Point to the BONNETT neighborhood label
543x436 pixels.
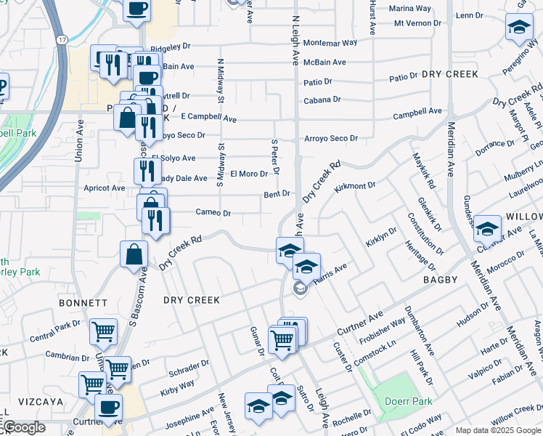pos(84,302)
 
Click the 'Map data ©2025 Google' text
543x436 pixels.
pos(497,430)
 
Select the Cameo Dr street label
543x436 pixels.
pos(213,213)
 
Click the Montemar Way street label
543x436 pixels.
pos(330,43)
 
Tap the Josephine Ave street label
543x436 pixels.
pos(189,419)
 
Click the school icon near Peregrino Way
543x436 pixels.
pos(518,28)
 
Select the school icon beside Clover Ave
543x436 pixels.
pos(488,228)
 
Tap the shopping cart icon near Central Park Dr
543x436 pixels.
pos(103,331)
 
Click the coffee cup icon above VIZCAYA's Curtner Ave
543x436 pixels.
pos(109,407)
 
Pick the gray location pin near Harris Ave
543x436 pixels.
pos(299,289)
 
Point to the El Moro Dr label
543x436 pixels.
pos(245,174)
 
